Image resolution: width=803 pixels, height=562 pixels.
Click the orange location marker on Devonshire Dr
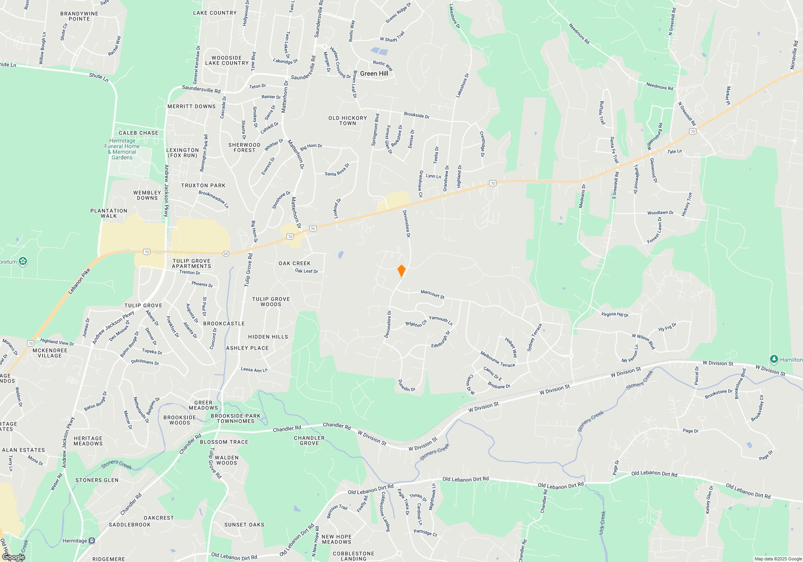(x=401, y=271)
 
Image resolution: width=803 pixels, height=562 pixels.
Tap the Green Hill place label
(x=374, y=73)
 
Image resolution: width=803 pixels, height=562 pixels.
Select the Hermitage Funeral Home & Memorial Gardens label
(x=122, y=149)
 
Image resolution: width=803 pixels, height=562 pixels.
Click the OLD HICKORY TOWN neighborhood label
(x=348, y=120)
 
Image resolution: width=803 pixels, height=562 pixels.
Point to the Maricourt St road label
(x=432, y=294)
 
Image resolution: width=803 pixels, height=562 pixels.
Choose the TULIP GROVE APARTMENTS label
(x=192, y=263)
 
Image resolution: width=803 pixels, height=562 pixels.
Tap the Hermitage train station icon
(x=92, y=541)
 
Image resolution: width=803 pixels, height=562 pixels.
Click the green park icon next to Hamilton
(x=774, y=359)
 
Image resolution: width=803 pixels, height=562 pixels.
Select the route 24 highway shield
(x=226, y=254)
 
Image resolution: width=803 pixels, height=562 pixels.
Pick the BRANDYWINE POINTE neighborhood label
(x=79, y=16)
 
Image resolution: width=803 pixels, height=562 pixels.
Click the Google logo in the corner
(x=13, y=557)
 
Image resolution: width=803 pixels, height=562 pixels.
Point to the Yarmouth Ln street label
(x=440, y=320)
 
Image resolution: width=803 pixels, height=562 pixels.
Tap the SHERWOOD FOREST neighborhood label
(x=245, y=147)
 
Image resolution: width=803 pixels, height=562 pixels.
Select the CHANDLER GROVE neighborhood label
(x=309, y=440)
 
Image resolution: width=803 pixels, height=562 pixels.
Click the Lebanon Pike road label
(x=79, y=281)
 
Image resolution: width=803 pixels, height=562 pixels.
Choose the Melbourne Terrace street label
(x=497, y=359)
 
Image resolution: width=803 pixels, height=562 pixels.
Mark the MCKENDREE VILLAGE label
(x=50, y=353)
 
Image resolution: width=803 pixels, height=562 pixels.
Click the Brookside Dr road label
(x=416, y=115)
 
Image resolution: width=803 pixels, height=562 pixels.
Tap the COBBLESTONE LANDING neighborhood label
(x=353, y=556)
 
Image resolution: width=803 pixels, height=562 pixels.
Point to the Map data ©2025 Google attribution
(x=778, y=559)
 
